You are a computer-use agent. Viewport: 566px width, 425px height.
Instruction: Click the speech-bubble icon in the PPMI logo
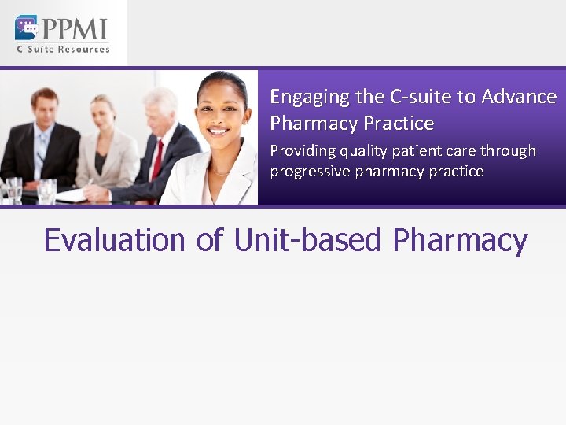tap(26, 28)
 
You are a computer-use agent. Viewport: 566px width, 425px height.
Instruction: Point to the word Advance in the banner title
tap(520, 97)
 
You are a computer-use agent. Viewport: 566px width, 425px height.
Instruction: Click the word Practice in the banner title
tap(399, 124)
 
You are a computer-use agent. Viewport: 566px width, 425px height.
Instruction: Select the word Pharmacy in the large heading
tap(460, 240)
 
